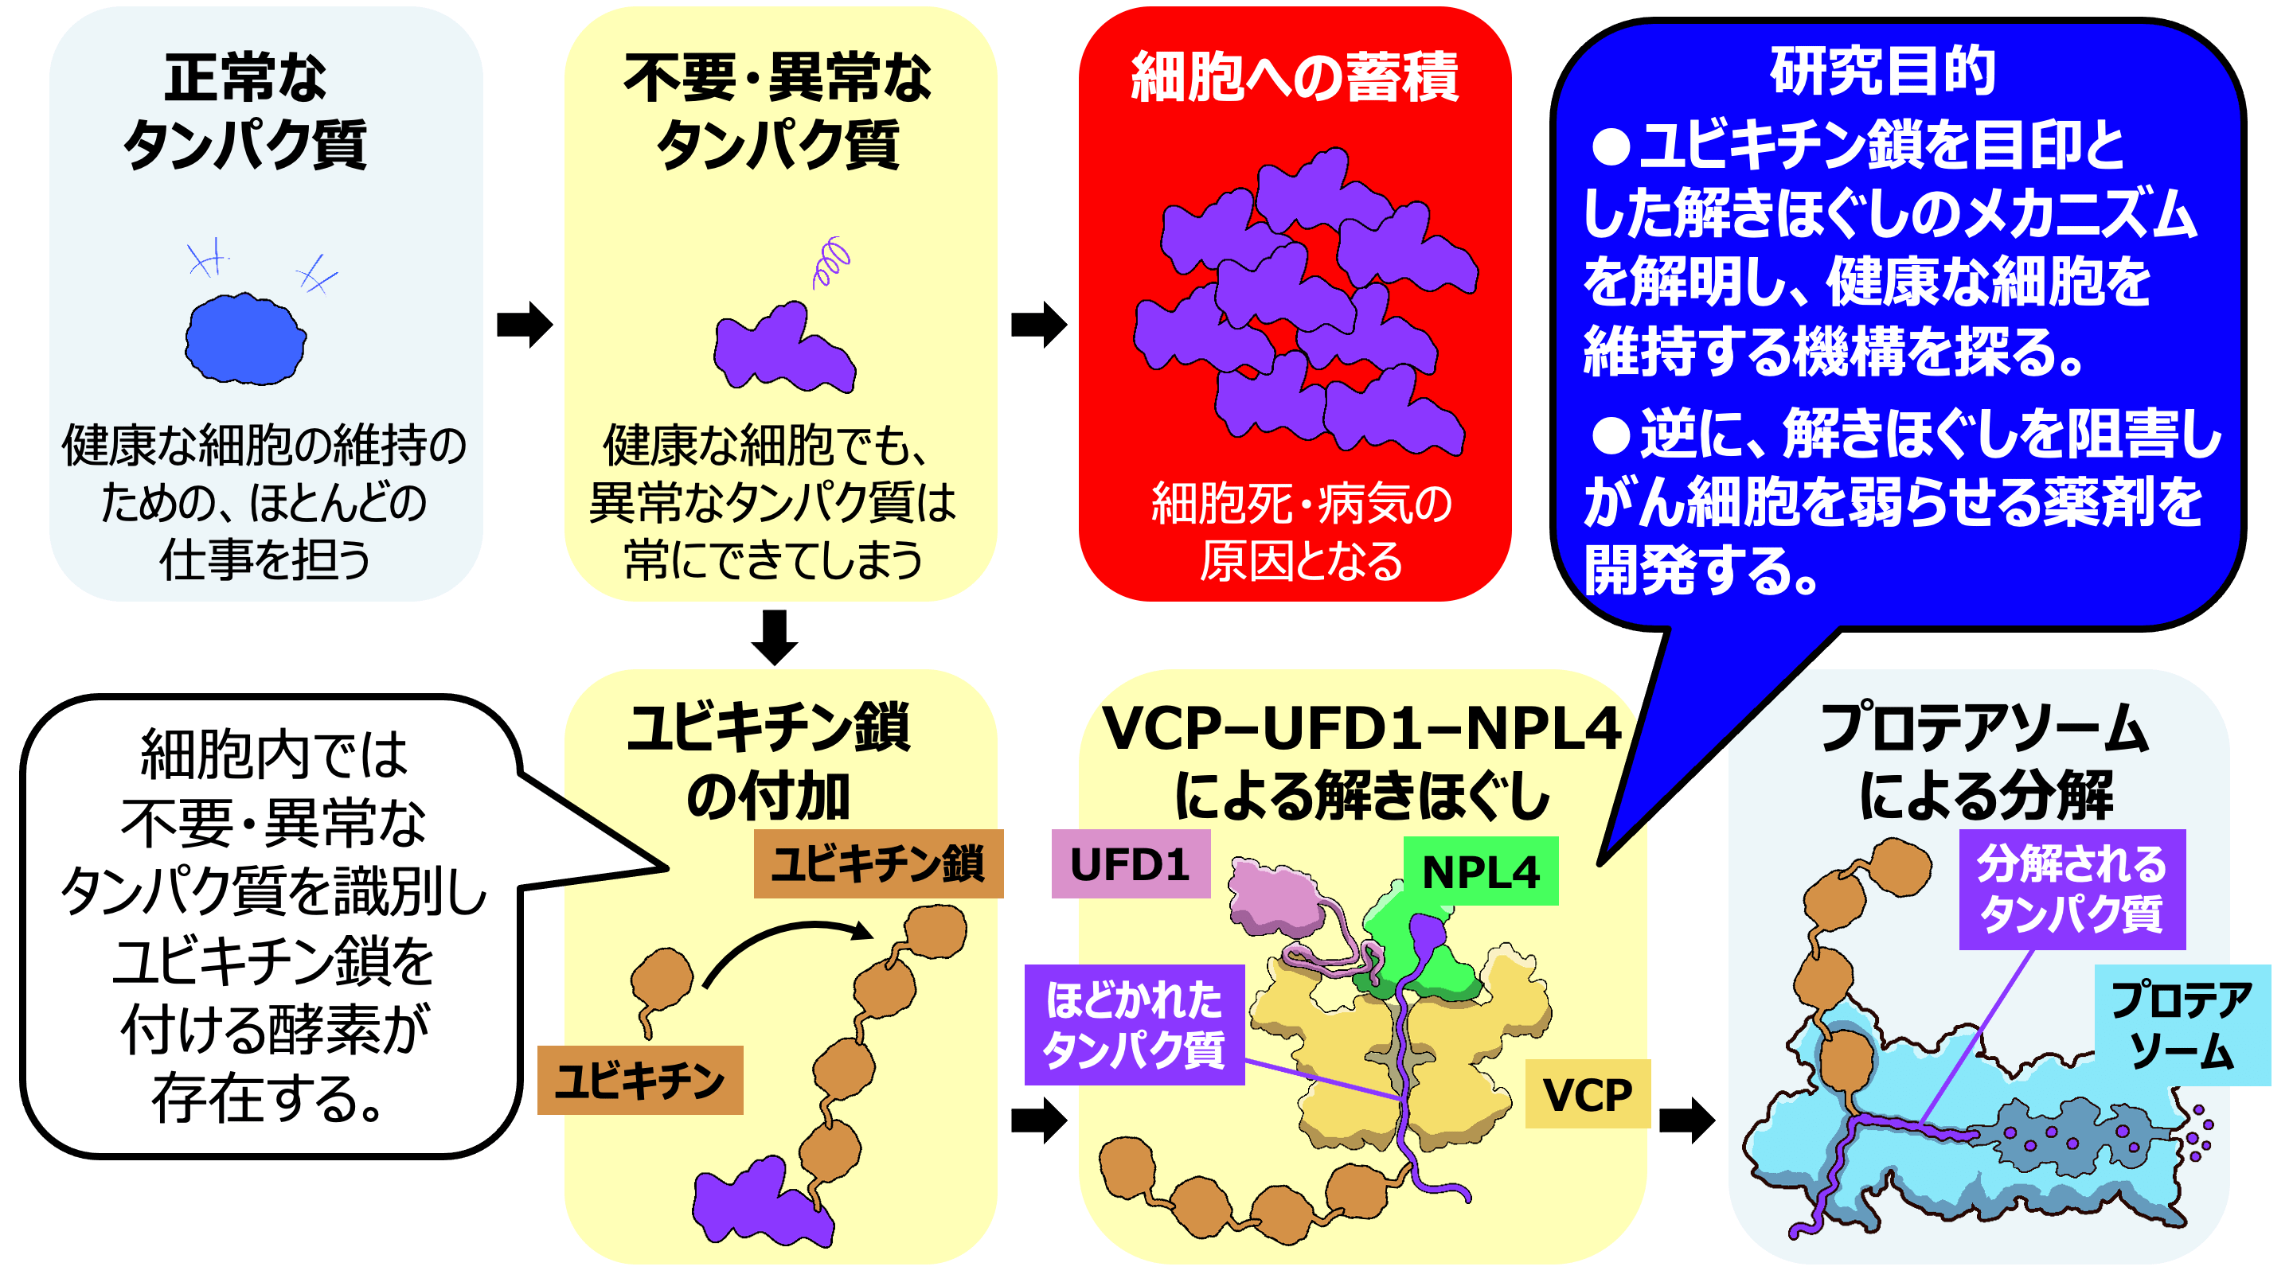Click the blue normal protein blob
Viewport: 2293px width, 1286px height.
pyautogui.click(x=244, y=339)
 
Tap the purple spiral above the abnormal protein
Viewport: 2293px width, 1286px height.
pyautogui.click(x=831, y=262)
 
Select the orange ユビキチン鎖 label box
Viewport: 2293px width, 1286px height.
pyautogui.click(x=877, y=863)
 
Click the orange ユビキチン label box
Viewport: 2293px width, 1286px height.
pyautogui.click(x=640, y=1081)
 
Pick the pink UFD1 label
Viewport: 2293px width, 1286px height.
pyautogui.click(x=1130, y=864)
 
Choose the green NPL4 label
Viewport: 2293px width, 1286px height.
pyautogui.click(x=1480, y=871)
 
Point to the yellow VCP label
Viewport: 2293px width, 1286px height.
pyautogui.click(x=1587, y=1093)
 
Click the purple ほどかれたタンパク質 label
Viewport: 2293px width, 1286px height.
pyautogui.click(x=1134, y=1024)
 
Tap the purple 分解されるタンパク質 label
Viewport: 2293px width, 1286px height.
pyautogui.click(x=2072, y=889)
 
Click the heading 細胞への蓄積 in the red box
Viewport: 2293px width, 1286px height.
pyautogui.click(x=1295, y=77)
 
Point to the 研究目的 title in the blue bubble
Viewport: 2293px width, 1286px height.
pyautogui.click(x=1883, y=70)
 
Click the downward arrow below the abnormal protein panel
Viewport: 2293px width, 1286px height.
pyautogui.click(x=775, y=637)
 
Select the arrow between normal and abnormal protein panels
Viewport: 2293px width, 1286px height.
pyautogui.click(x=525, y=324)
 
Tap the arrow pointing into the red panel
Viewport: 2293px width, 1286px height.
pyautogui.click(x=1039, y=324)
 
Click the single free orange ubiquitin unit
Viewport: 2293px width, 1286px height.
pyautogui.click(x=661, y=979)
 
